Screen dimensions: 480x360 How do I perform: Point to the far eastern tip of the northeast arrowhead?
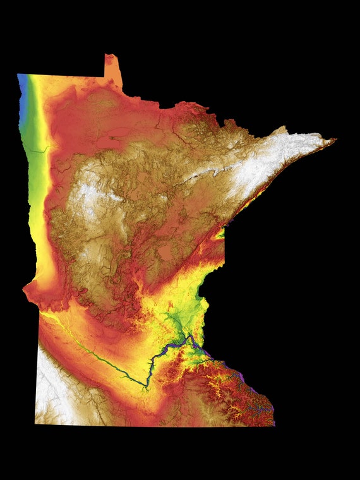click(x=334, y=140)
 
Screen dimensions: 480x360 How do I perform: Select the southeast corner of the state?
click(x=274, y=424)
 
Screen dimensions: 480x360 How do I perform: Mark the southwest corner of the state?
click(x=36, y=423)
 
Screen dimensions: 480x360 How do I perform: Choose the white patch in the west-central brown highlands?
click(x=88, y=196)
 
